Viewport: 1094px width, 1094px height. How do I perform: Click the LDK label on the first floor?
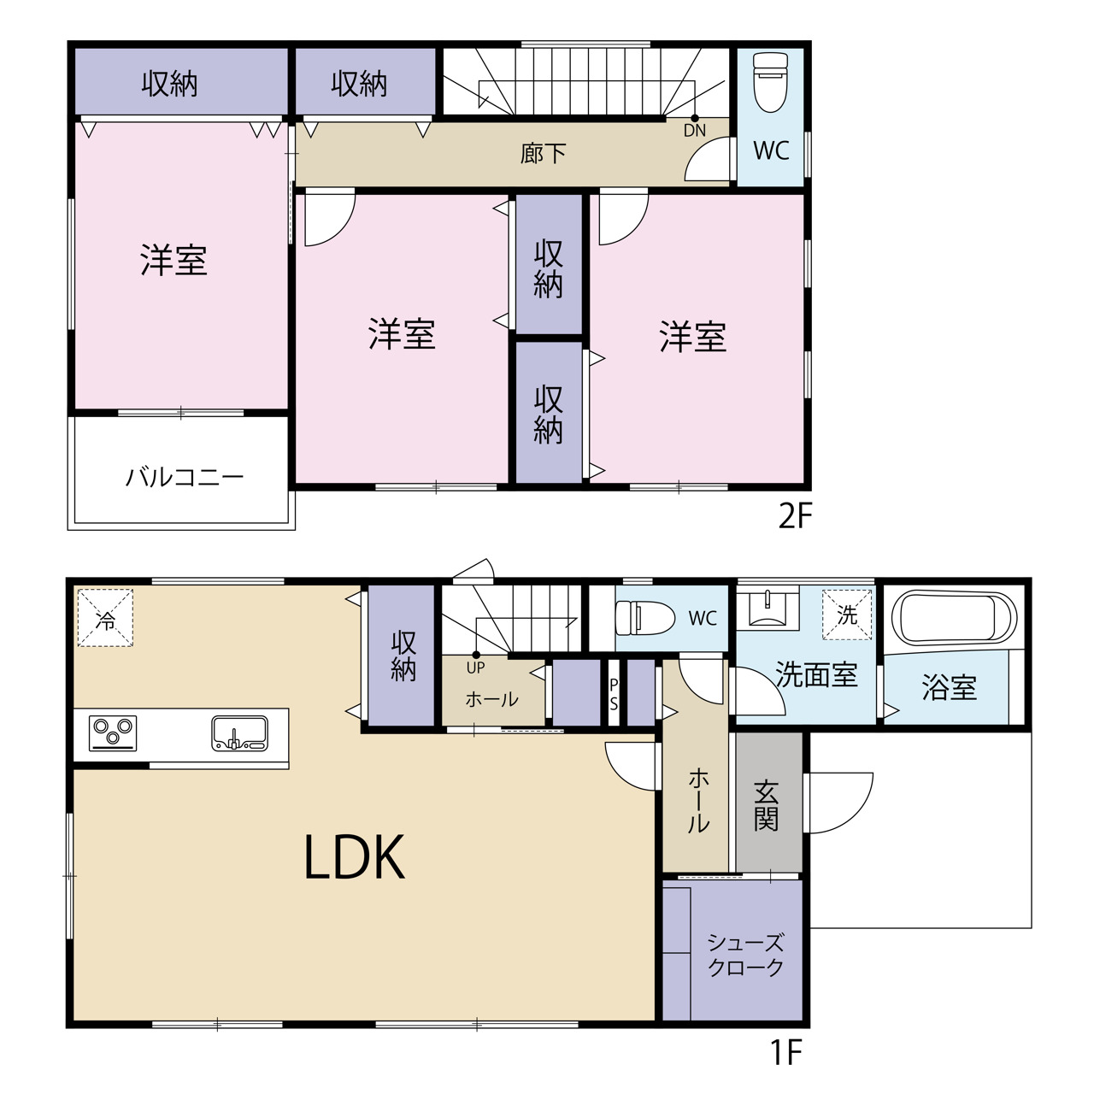355,856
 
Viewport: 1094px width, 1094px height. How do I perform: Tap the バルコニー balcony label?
185,477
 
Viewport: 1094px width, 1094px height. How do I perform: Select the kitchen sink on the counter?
239,733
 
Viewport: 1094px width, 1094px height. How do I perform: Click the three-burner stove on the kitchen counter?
113,733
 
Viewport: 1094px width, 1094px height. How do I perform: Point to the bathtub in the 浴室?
954,618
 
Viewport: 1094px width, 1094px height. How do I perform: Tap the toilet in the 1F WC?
645,618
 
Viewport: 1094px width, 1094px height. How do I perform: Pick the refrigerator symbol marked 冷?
106,618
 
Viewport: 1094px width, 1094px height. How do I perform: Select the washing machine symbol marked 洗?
846,615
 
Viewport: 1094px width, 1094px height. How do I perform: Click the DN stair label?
694,130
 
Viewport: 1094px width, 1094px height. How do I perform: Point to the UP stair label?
475,668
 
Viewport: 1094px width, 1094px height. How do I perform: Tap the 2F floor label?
796,516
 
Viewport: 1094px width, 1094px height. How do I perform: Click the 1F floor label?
786,1052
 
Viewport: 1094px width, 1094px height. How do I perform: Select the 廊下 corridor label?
543,153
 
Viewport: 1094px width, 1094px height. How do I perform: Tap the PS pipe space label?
613,695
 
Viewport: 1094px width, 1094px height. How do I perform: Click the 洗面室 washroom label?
816,674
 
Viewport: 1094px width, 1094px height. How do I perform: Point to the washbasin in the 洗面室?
767,608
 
